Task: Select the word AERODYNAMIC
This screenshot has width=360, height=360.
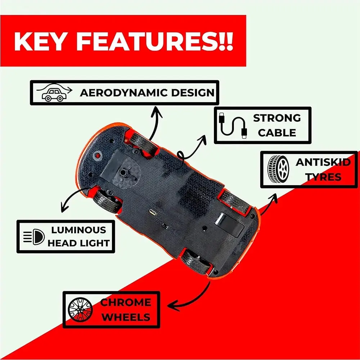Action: click(x=124, y=93)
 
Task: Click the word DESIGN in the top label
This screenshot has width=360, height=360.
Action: click(x=193, y=93)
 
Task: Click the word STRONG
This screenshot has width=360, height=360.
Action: click(x=277, y=118)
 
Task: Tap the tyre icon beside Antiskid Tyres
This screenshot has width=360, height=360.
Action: click(x=278, y=170)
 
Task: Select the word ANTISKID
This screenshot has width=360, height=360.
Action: click(x=323, y=162)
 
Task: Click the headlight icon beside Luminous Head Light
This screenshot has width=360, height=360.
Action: click(x=34, y=237)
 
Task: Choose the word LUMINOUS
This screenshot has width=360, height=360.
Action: click(x=78, y=230)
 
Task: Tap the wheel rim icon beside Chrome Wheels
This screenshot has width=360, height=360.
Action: click(x=80, y=310)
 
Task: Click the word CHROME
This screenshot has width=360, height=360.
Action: click(x=126, y=302)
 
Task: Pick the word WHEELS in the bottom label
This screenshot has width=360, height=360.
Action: click(x=126, y=317)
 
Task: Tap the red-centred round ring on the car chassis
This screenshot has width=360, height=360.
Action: click(x=98, y=156)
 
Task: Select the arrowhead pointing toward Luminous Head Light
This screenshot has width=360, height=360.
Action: click(x=64, y=207)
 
